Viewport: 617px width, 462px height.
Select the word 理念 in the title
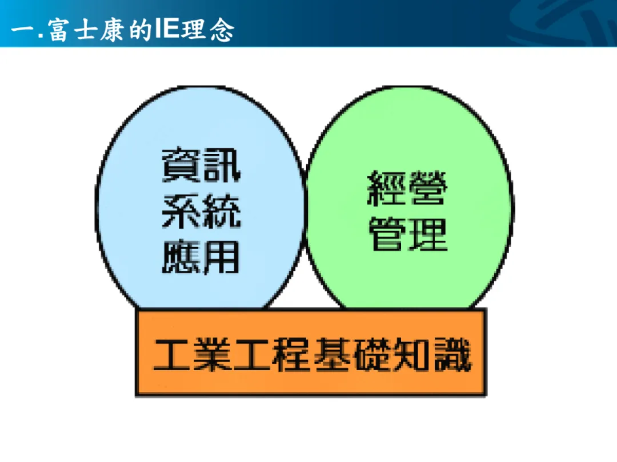[208, 30]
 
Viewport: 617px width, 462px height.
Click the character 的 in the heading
[140, 30]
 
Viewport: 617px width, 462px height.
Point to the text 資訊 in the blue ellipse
[201, 165]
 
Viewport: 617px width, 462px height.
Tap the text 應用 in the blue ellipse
[201, 257]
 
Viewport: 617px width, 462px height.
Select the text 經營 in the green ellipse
[407, 188]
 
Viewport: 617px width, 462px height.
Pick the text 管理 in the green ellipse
[408, 234]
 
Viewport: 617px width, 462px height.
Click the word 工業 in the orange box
[193, 355]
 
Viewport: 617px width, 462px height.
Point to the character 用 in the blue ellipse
[221, 257]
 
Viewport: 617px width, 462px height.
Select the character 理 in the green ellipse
[428, 234]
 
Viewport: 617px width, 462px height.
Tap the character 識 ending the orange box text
[452, 355]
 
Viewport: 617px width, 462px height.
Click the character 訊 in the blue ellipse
[222, 165]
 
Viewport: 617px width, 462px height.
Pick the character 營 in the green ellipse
[428, 188]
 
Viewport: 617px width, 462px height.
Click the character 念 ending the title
[222, 30]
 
